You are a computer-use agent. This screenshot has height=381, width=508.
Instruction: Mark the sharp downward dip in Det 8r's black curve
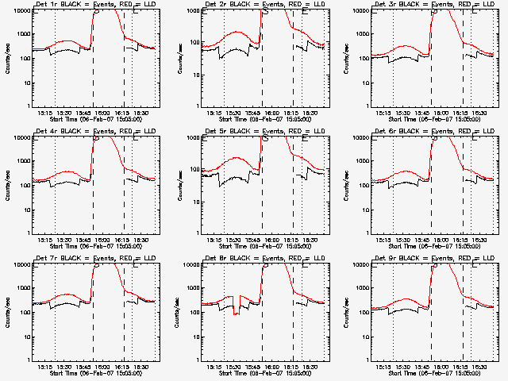(x=236, y=314)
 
